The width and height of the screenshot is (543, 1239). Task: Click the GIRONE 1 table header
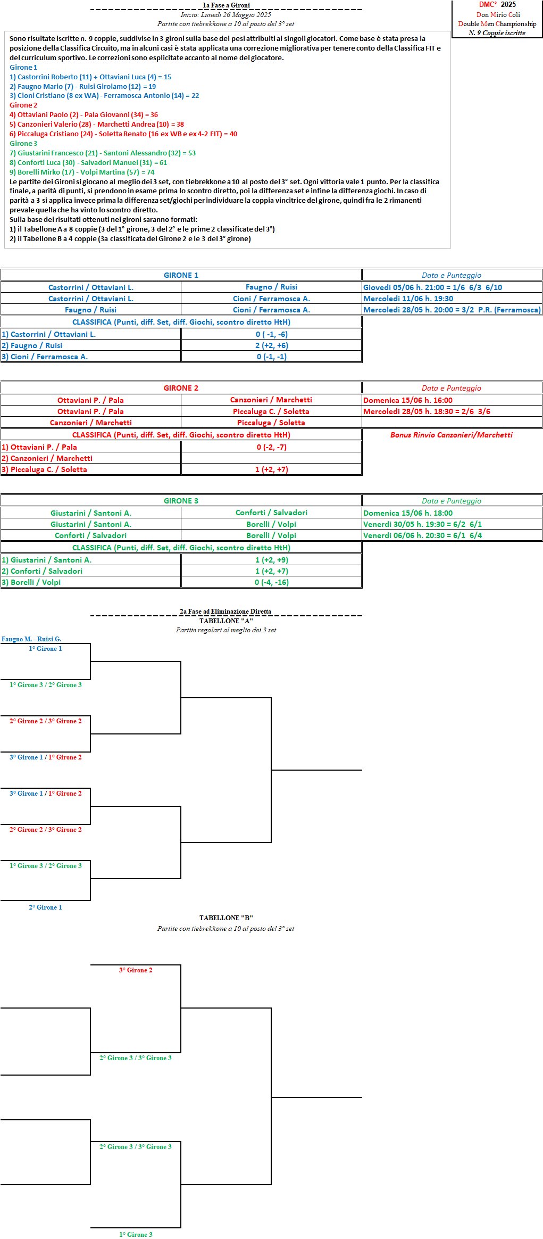pyautogui.click(x=181, y=275)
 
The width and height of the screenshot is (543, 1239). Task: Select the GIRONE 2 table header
pyautogui.click(x=181, y=388)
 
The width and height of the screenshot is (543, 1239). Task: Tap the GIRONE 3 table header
pyautogui.click(x=181, y=501)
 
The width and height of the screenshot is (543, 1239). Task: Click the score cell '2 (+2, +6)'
pyautogui.click(x=272, y=345)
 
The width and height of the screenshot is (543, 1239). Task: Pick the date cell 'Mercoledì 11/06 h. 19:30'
pyautogui.click(x=408, y=299)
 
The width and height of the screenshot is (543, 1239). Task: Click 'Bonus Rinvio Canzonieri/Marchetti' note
pyautogui.click(x=452, y=435)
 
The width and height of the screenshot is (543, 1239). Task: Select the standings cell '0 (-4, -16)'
pyautogui.click(x=272, y=582)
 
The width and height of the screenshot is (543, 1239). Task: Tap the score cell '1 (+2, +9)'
pyautogui.click(x=272, y=560)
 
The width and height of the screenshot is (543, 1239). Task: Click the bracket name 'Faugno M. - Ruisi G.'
pyautogui.click(x=31, y=639)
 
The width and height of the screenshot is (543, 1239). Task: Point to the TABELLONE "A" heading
pyautogui.click(x=226, y=621)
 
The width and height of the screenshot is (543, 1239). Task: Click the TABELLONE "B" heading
pyautogui.click(x=226, y=918)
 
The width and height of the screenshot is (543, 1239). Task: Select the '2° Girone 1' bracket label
pyautogui.click(x=45, y=907)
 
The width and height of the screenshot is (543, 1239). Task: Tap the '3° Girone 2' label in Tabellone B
pyautogui.click(x=136, y=970)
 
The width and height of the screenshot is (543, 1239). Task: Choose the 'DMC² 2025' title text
pyautogui.click(x=497, y=5)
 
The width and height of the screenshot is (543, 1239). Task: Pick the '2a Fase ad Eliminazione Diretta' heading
pyautogui.click(x=225, y=612)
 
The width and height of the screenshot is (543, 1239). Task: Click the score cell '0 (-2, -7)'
pyautogui.click(x=272, y=447)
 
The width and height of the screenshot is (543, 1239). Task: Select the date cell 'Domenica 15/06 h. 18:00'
pyautogui.click(x=408, y=513)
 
